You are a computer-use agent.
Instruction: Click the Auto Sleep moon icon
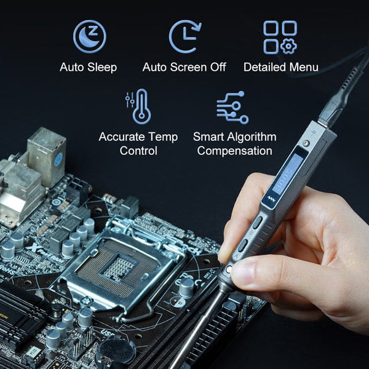click(90, 36)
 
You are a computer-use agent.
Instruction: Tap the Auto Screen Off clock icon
click(184, 36)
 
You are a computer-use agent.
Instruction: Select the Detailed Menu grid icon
click(280, 36)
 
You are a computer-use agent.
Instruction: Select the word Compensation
click(234, 151)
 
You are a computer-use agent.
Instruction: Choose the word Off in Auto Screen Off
click(217, 67)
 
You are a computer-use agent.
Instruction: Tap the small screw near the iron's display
click(306, 144)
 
